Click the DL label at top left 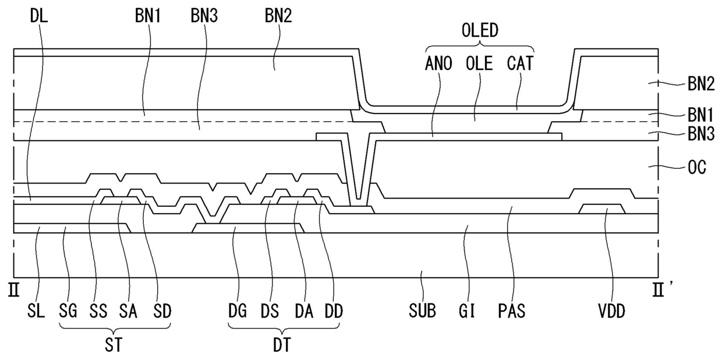[38, 16]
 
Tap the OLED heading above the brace [480, 30]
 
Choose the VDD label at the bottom [611, 312]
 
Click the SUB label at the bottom [422, 312]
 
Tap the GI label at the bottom [468, 312]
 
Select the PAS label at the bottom [512, 312]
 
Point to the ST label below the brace [115, 345]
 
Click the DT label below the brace [285, 345]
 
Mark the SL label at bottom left [37, 312]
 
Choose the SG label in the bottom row [69, 312]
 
